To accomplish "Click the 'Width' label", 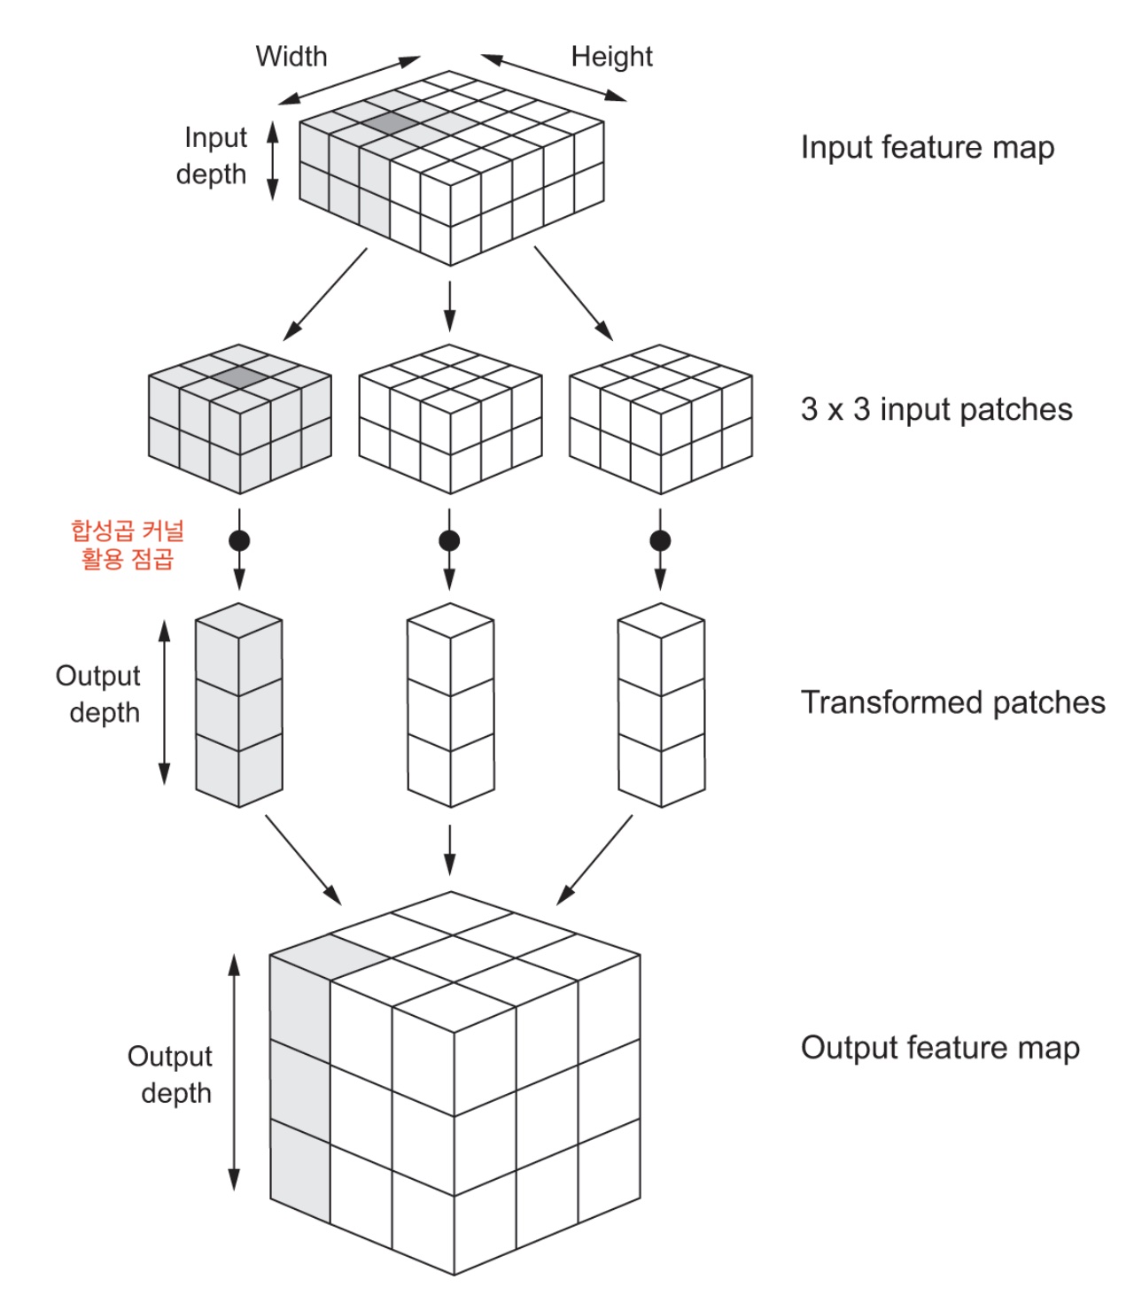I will pyautogui.click(x=291, y=57).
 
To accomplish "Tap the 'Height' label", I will pyautogui.click(x=611, y=57).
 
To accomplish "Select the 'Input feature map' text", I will pyautogui.click(x=927, y=147).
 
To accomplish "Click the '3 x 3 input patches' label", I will pyautogui.click(x=936, y=409).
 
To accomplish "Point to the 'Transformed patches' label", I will pyautogui.click(x=952, y=702).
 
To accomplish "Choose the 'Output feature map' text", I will pyautogui.click(x=939, y=1048).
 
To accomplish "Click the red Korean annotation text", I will pyautogui.click(x=128, y=545).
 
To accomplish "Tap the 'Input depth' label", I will pyautogui.click(x=213, y=156).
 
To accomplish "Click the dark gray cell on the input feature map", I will pyautogui.click(x=390, y=123).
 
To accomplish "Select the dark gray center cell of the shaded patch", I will pyautogui.click(x=240, y=377).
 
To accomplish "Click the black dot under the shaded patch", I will pyautogui.click(x=239, y=539).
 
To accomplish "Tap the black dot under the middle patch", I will pyautogui.click(x=449, y=539).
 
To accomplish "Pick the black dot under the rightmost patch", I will pyautogui.click(x=660, y=539).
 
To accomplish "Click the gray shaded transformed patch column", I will pyautogui.click(x=239, y=704).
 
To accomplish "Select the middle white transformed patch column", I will pyautogui.click(x=450, y=704).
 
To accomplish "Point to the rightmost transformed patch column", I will pyautogui.click(x=661, y=704).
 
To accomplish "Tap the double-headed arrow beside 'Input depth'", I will pyautogui.click(x=273, y=160).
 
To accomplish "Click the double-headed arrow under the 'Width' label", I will pyautogui.click(x=355, y=81).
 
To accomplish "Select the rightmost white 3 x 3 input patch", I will pyautogui.click(x=660, y=418).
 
